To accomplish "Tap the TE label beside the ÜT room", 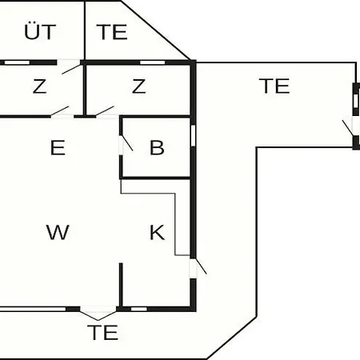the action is pyautogui.click(x=112, y=32).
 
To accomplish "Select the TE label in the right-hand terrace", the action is pyautogui.click(x=274, y=86).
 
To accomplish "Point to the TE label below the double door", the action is pyautogui.click(x=102, y=332).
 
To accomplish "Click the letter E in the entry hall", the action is pyautogui.click(x=58, y=147).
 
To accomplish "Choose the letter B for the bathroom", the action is pyautogui.click(x=157, y=147).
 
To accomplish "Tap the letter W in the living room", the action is pyautogui.click(x=58, y=232).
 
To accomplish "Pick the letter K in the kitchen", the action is pyautogui.click(x=157, y=233).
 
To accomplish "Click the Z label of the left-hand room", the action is pyautogui.click(x=40, y=86).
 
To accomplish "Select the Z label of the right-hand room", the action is pyautogui.click(x=139, y=86).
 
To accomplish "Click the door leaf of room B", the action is pyautogui.click(x=127, y=143).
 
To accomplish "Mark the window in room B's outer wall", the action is pyautogui.click(x=194, y=135).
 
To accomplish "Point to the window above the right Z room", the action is pyautogui.click(x=153, y=62).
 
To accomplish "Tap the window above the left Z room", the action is pyautogui.click(x=18, y=62).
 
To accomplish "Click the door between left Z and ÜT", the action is pyautogui.click(x=71, y=69).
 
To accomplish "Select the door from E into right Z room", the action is pyautogui.click(x=105, y=111).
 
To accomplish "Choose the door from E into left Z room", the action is pyautogui.click(x=60, y=111).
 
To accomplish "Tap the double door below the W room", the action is pyautogui.click(x=98, y=315).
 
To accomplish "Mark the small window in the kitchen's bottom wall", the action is pyautogui.click(x=139, y=309).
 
